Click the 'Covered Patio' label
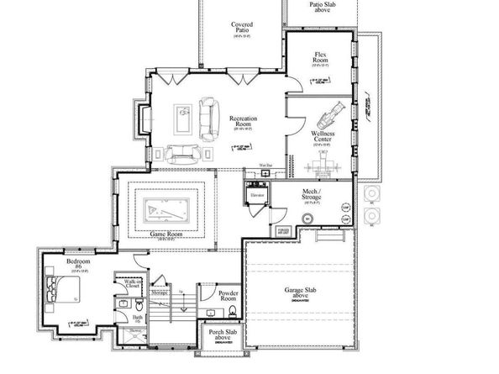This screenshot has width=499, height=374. [x=243, y=29]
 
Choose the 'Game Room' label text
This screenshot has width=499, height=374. [x=166, y=234]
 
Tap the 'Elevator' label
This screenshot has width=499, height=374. [x=258, y=195]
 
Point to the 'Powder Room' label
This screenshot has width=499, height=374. [x=228, y=296]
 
